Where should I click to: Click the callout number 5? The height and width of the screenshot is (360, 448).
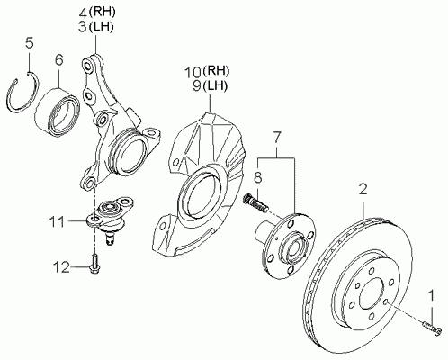click(30, 43)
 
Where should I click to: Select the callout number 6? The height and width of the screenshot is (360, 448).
click(58, 59)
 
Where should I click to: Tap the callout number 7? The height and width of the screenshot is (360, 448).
click(276, 137)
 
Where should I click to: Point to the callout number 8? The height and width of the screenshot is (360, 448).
click(258, 176)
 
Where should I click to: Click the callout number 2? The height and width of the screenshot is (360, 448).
click(363, 189)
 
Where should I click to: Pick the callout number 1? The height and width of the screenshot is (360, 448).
click(432, 295)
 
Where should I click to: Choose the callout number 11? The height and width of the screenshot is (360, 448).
click(57, 222)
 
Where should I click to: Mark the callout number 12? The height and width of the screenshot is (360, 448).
click(61, 267)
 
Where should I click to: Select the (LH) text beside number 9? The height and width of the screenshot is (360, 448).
click(214, 86)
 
